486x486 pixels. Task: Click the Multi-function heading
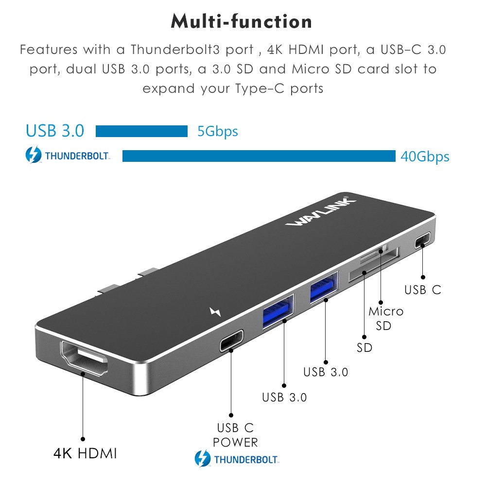(x=241, y=21)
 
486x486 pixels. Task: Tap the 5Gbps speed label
(x=218, y=131)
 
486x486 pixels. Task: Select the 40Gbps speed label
(x=425, y=156)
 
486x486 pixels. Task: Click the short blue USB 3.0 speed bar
(x=141, y=131)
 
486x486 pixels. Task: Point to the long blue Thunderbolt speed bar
(x=259, y=156)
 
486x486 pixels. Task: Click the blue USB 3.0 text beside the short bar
(x=55, y=130)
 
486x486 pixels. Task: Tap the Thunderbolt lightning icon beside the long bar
(x=33, y=155)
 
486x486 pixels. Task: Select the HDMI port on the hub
(x=84, y=358)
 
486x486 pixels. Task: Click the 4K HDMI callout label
(x=85, y=453)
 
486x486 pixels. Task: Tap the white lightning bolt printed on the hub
(x=215, y=312)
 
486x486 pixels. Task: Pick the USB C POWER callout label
(x=235, y=435)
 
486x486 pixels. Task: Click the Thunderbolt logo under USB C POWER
(x=237, y=459)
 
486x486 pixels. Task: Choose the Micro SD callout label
(x=385, y=318)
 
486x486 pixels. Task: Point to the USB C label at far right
(x=423, y=290)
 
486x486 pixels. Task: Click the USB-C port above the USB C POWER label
(x=231, y=341)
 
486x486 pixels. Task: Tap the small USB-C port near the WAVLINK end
(x=423, y=240)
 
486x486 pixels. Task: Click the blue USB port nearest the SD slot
(x=324, y=287)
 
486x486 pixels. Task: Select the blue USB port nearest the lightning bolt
(x=278, y=312)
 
